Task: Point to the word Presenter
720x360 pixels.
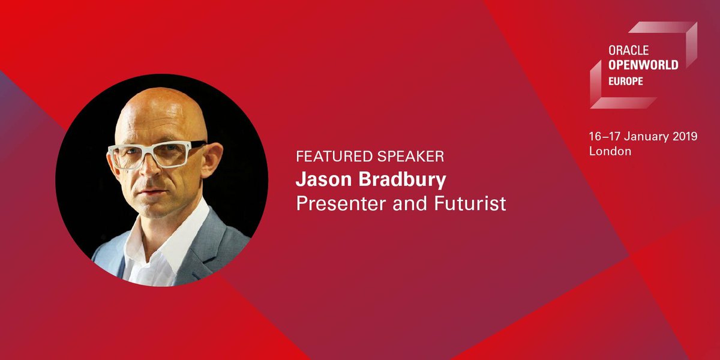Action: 340,203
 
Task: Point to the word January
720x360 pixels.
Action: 641,137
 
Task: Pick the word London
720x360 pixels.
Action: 610,151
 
